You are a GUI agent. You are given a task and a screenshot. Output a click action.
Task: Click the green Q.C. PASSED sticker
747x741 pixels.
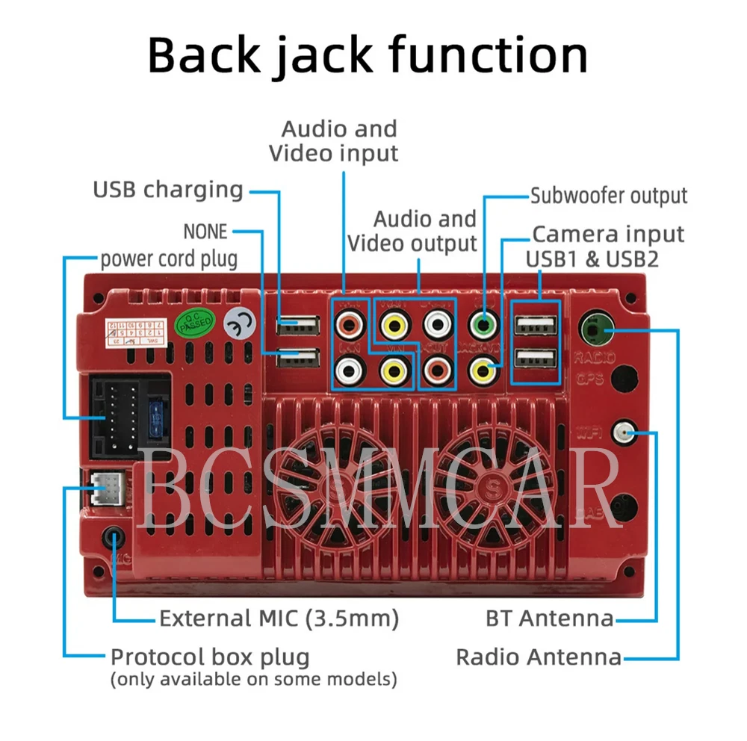tap(194, 323)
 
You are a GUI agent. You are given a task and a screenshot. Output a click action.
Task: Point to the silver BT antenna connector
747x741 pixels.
tap(623, 431)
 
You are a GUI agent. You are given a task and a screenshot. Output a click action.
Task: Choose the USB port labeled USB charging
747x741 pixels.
tap(297, 326)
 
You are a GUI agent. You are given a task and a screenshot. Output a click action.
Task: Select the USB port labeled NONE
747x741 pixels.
tap(297, 359)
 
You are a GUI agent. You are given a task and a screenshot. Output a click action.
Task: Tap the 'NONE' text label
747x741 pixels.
tap(205, 232)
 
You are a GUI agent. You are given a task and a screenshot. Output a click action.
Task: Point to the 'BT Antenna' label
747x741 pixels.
tap(549, 618)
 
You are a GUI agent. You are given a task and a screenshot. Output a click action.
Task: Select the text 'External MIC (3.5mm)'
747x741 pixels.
tap(279, 618)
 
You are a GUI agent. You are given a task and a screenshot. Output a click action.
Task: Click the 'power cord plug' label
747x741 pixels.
tap(169, 259)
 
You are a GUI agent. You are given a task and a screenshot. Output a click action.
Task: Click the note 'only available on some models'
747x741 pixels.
tap(253, 680)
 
